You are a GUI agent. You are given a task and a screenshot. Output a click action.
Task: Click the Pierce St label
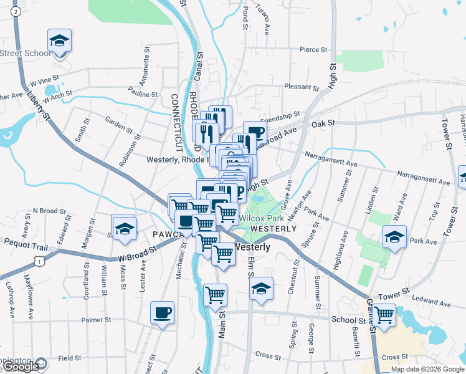coord(313,49)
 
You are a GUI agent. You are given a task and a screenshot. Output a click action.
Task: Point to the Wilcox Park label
coord(262,219)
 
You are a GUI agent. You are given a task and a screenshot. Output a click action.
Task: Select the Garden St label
coord(118,125)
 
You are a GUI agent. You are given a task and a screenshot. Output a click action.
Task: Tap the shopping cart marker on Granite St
coord(384,315)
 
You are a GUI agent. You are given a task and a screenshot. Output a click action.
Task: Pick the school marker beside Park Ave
coord(394,238)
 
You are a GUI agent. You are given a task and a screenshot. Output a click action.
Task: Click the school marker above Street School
coord(60,41)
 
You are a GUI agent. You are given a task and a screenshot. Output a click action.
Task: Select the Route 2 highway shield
coord(16,11)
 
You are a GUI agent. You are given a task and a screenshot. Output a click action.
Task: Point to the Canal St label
coord(200,64)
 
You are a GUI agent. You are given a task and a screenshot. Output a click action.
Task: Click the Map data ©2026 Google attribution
coord(427,369)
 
